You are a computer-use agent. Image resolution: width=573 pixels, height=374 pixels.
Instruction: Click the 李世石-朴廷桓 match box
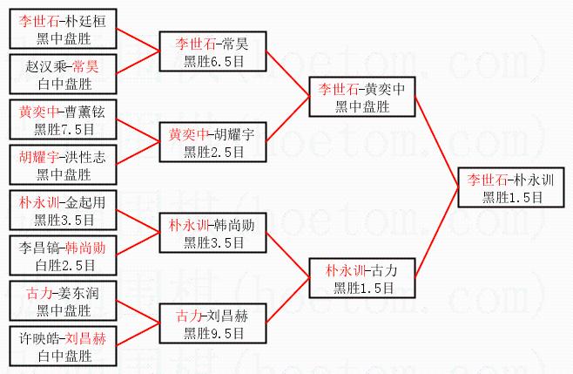click(61, 27)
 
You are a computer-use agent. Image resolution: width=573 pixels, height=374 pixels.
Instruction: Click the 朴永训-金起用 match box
click(61, 209)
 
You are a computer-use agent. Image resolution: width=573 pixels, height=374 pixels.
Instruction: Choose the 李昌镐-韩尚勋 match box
click(61, 255)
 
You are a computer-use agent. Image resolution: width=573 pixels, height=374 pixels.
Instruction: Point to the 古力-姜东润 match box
click(61, 300)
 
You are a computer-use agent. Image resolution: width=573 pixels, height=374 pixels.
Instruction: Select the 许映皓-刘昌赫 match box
click(61, 345)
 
